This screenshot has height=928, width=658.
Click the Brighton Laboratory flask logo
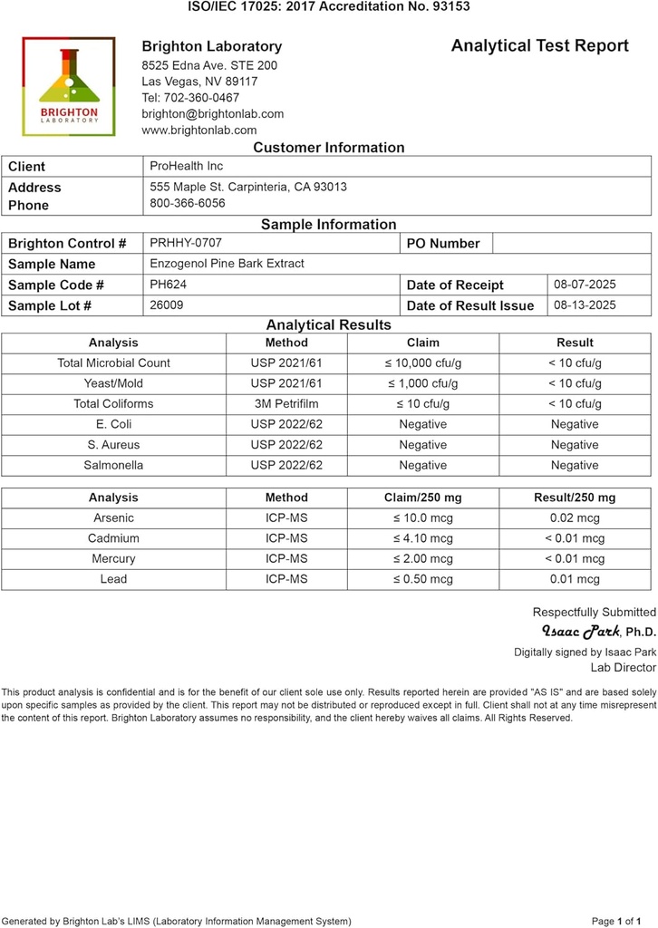click(x=69, y=86)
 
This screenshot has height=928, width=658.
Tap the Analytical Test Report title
click(x=539, y=46)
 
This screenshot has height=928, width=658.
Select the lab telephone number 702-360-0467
click(x=190, y=98)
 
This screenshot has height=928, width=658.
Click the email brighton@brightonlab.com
click(x=212, y=114)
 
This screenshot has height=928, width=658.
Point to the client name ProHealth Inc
click(x=186, y=166)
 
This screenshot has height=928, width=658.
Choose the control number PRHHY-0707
click(x=185, y=243)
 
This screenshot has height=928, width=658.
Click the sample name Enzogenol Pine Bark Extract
click(x=227, y=264)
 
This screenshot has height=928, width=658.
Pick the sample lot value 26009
click(x=166, y=305)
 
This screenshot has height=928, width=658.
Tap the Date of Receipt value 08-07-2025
click(x=585, y=285)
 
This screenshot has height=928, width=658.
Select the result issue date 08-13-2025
click(x=585, y=305)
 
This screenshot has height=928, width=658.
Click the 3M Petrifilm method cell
click(x=286, y=404)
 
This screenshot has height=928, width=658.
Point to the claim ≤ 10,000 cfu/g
click(x=422, y=363)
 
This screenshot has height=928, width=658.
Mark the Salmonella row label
click(x=113, y=466)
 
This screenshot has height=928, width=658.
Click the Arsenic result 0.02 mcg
click(x=575, y=518)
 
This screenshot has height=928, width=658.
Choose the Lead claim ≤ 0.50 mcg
click(x=422, y=579)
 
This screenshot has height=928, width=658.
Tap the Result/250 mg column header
click(x=575, y=498)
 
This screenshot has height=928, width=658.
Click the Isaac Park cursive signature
click(x=580, y=631)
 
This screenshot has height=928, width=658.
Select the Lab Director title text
click(x=623, y=668)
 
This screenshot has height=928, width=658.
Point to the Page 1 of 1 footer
click(x=623, y=921)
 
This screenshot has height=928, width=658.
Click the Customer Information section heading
click(x=328, y=148)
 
